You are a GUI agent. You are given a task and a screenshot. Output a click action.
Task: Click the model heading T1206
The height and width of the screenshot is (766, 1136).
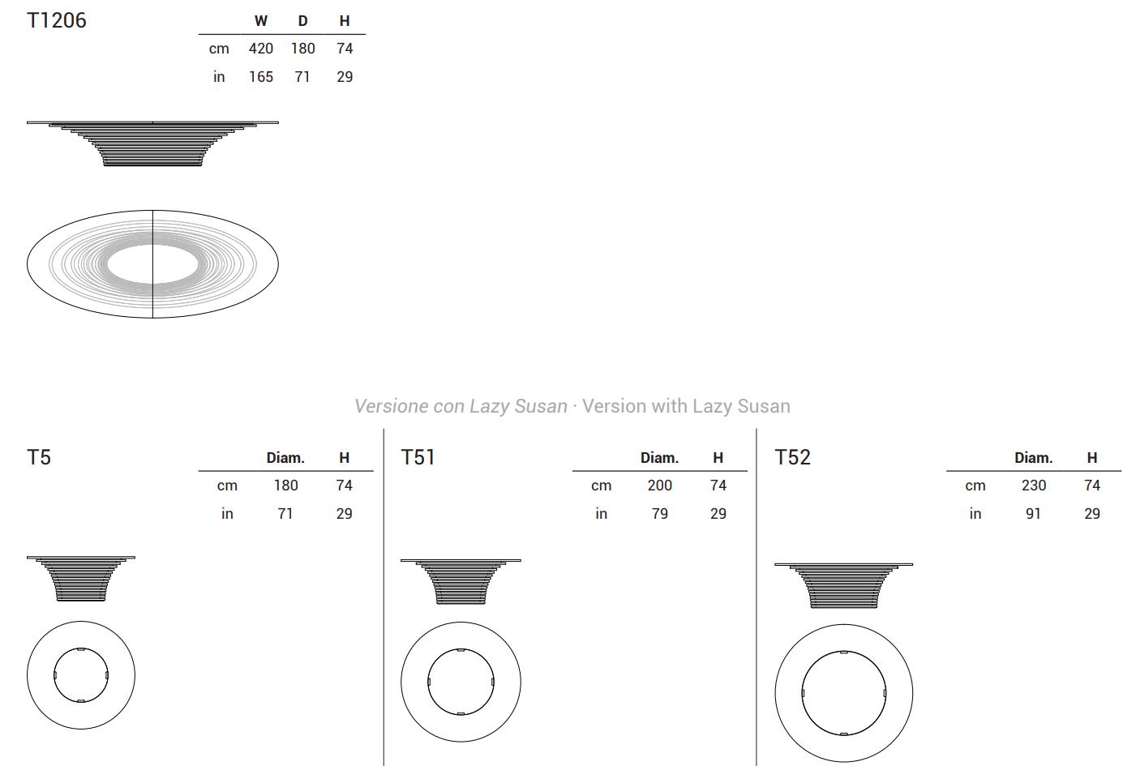click(x=56, y=20)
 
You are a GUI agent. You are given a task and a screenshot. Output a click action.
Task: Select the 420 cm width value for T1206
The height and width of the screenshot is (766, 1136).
click(x=260, y=49)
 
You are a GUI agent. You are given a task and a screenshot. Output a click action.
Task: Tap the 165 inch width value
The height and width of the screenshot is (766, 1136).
click(x=260, y=77)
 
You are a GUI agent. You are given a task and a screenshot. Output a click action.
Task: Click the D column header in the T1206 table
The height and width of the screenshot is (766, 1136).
click(x=302, y=21)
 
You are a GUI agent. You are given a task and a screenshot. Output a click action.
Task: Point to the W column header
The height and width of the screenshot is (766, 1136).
click(x=260, y=21)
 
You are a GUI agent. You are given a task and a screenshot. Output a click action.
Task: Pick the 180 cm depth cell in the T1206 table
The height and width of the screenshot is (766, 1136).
click(x=302, y=49)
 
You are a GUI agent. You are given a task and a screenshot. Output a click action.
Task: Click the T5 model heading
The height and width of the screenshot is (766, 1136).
click(x=39, y=457)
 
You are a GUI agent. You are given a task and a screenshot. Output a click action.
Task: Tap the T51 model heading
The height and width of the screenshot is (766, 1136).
click(x=418, y=457)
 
